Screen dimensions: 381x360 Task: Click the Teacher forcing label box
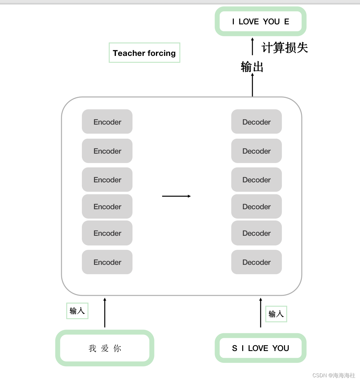(x=144, y=53)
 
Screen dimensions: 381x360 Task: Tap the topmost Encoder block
(x=107, y=122)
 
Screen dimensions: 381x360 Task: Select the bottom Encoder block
(x=107, y=262)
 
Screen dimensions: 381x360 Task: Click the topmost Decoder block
(x=256, y=122)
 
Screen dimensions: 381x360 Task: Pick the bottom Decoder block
(x=256, y=262)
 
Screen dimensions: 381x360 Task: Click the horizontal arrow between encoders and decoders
(x=176, y=196)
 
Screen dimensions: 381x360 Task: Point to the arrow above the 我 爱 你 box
(x=105, y=312)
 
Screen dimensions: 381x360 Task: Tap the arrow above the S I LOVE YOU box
(x=261, y=312)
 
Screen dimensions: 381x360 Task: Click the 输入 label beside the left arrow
(x=77, y=311)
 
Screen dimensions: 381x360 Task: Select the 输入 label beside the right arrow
(x=276, y=314)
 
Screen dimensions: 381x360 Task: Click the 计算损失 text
(x=285, y=48)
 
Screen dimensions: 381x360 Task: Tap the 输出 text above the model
(x=252, y=67)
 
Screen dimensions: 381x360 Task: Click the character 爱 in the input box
(x=105, y=348)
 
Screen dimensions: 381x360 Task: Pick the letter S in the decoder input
(x=235, y=348)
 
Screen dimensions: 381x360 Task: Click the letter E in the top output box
(x=287, y=22)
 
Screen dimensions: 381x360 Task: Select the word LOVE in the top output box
(x=249, y=22)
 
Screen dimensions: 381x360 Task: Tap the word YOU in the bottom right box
(x=281, y=348)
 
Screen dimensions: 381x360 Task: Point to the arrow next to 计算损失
(x=252, y=47)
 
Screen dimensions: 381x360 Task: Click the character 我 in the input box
(x=92, y=348)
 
